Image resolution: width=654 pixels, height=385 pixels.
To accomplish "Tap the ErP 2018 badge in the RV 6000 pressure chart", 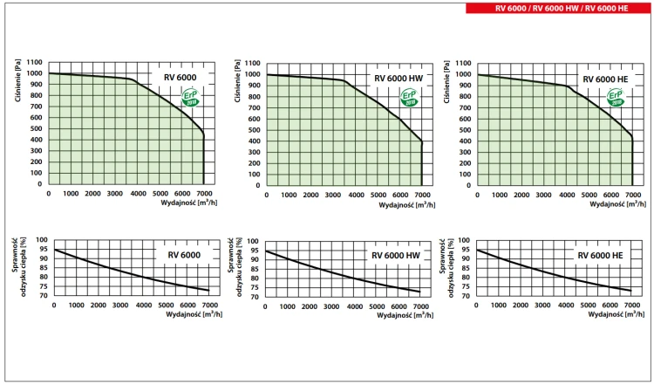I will [x=190, y=99].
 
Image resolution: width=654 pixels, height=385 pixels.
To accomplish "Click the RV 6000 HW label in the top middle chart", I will [x=398, y=79].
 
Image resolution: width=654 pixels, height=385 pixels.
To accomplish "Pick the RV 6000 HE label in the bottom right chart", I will [x=600, y=255].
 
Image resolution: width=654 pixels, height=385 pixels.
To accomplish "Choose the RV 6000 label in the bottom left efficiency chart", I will [x=179, y=255].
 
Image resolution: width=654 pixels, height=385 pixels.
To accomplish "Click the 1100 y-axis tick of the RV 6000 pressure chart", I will [x=35, y=63].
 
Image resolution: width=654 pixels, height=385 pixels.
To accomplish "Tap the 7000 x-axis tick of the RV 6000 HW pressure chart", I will [x=422, y=194].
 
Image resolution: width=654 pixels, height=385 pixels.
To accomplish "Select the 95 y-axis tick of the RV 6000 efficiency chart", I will [x=43, y=251].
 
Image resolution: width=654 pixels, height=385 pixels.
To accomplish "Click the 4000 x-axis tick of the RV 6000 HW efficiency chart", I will [x=355, y=306].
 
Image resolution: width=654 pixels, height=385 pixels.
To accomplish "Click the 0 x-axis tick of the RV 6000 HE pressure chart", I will [x=477, y=194].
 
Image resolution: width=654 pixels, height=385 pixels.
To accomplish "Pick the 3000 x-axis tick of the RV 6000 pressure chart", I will [x=115, y=194].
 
